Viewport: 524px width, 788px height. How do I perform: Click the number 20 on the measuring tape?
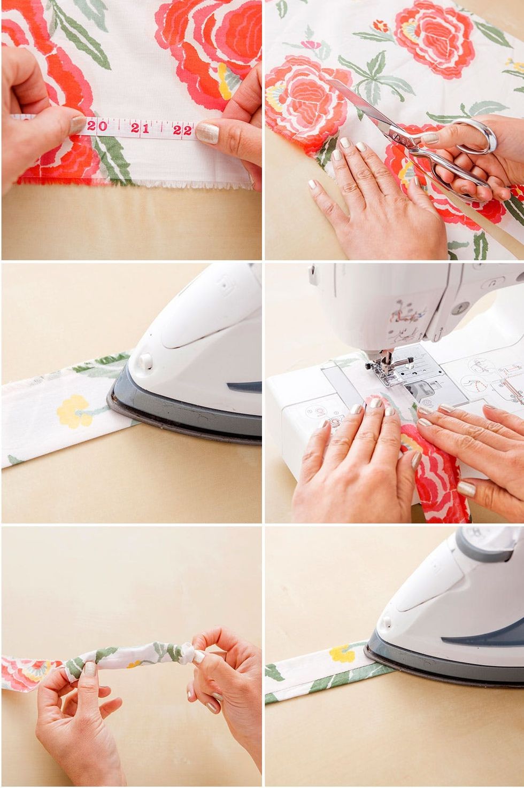pyautogui.click(x=97, y=126)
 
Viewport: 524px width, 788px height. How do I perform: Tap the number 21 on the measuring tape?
pyautogui.click(x=140, y=128)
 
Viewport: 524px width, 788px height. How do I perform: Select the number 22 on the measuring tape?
pyautogui.click(x=182, y=130)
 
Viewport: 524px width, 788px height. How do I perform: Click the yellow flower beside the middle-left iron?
pyautogui.click(x=74, y=411)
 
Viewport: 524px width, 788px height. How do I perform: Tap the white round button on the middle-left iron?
pyautogui.click(x=145, y=360)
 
